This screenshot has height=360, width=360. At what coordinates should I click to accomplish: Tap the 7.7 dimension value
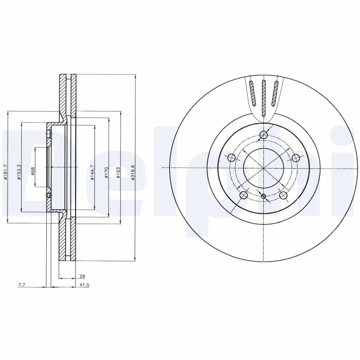(x=21, y=285)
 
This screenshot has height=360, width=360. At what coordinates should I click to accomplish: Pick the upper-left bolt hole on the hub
(x=232, y=157)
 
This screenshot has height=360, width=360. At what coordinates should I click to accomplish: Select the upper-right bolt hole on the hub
(x=296, y=157)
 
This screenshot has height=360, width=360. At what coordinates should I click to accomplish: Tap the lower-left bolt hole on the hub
(x=244, y=195)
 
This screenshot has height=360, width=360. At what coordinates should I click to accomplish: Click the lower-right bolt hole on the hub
(x=283, y=195)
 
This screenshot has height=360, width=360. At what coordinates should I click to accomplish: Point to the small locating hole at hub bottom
(x=264, y=196)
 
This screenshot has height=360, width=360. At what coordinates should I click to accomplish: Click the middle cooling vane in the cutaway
(x=264, y=97)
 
